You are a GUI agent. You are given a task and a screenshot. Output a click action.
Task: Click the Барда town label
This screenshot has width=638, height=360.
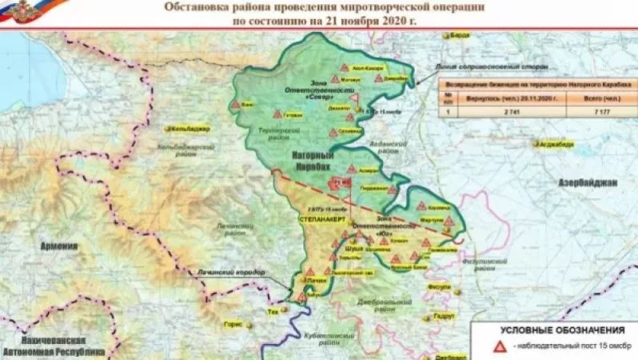pos(461,35)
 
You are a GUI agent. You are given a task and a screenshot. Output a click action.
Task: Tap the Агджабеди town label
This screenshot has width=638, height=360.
pos(556,145)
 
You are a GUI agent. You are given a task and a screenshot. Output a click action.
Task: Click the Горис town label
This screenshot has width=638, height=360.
pos(233,325)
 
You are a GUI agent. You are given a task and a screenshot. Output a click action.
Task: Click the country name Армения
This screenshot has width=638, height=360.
pos(59,246)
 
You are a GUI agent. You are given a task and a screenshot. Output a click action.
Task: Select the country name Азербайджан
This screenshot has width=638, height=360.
pos(588,182)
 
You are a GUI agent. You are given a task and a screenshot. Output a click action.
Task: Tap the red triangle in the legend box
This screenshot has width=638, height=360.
pos(497,346)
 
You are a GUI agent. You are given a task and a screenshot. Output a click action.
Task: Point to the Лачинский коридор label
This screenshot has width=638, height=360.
pos(231,273)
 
